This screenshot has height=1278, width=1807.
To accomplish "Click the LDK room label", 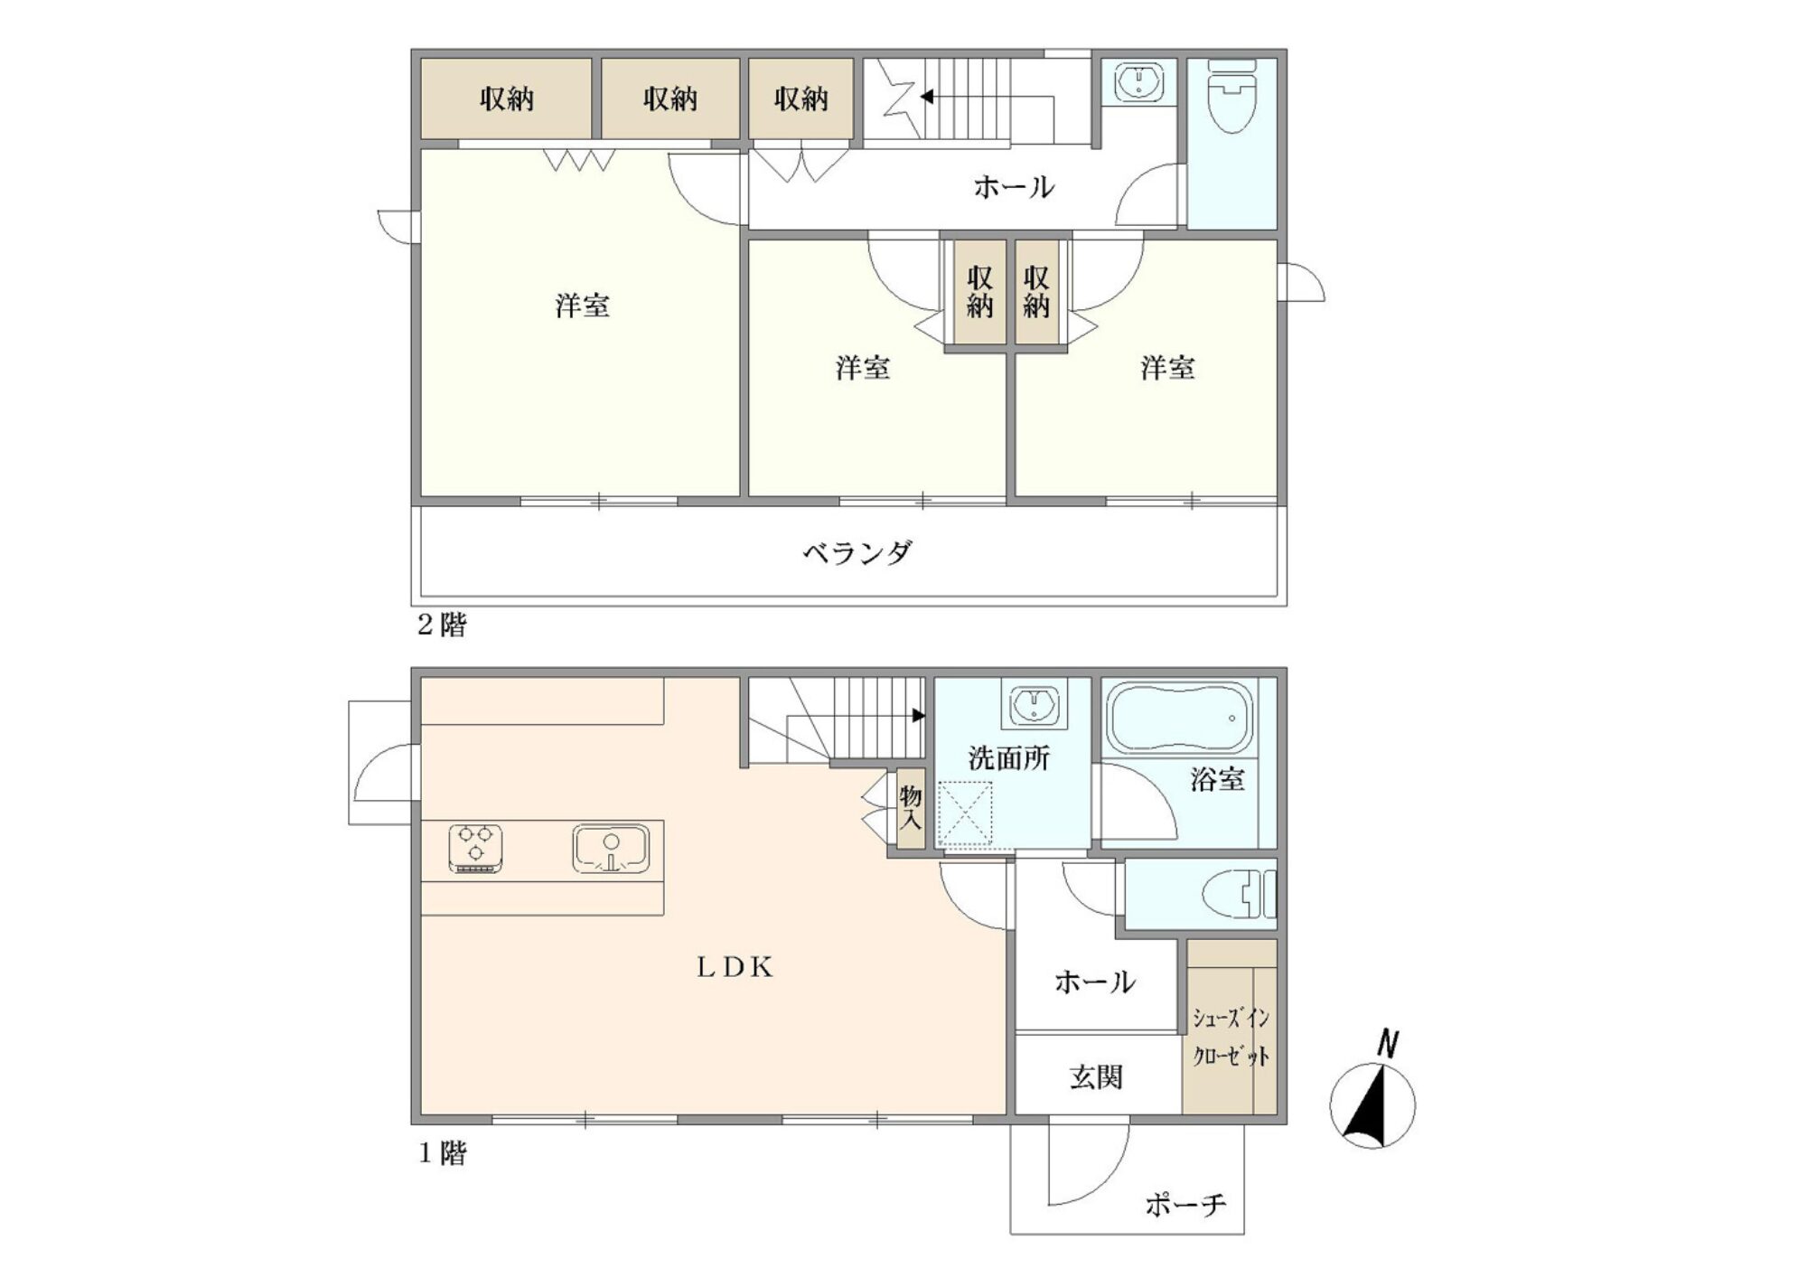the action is click(735, 968).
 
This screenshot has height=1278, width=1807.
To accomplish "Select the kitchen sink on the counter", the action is click(611, 849).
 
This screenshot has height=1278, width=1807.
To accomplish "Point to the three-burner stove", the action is click(476, 849).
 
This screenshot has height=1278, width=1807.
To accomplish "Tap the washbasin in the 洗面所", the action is click(1034, 705).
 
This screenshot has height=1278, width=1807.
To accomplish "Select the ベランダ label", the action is click(858, 551).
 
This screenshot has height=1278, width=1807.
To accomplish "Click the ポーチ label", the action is click(1186, 1204).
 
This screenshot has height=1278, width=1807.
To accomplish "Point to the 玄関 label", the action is click(1096, 1077).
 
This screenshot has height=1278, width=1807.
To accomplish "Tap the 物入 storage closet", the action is click(911, 809).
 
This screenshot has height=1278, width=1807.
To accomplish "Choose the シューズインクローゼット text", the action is click(1231, 1037).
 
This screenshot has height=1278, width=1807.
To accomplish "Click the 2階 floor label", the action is click(442, 625).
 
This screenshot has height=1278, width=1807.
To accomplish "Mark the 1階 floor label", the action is click(442, 1153).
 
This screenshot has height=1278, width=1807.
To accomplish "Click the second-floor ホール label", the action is click(1013, 187).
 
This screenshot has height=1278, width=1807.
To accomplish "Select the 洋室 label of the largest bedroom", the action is click(582, 305).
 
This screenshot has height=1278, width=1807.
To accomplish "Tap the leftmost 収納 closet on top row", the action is click(506, 99).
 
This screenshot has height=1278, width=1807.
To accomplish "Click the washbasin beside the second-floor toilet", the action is click(1138, 82).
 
